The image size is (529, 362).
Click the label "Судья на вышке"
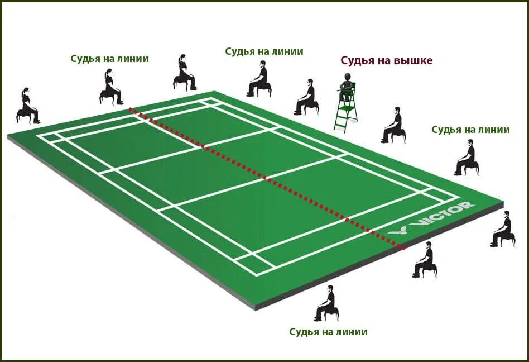[386, 61]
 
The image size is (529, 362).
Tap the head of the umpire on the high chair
[347, 77]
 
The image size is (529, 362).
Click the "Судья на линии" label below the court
[328, 332]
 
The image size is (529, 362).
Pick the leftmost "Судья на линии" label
[109, 59]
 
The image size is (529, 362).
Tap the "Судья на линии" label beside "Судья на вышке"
[264, 51]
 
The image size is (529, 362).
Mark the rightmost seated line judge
[503, 229]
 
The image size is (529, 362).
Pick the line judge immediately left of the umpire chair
[307, 97]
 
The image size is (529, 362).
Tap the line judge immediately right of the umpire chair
[393, 125]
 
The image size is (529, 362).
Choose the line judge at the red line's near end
[425, 260]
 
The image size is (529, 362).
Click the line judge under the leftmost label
[110, 87]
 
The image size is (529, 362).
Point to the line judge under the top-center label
[259, 79]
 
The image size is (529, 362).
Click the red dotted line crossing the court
[268, 179]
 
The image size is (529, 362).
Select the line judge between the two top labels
[185, 73]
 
